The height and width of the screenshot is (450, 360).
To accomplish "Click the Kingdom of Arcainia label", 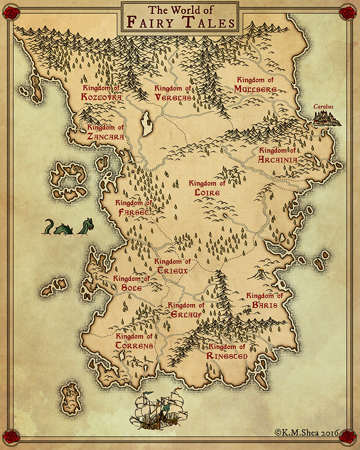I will click(278, 155).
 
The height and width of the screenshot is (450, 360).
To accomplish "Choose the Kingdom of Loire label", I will click(207, 188).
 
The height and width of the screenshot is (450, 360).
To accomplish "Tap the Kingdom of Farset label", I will click(134, 208).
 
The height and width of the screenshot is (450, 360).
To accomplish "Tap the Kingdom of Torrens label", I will click(134, 341).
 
